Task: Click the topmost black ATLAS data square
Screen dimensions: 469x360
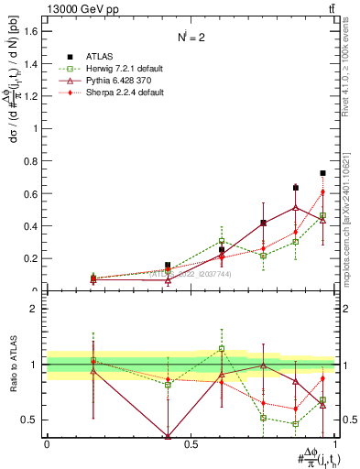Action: (x=322, y=173)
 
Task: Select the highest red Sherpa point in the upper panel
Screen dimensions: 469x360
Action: (x=322, y=191)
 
